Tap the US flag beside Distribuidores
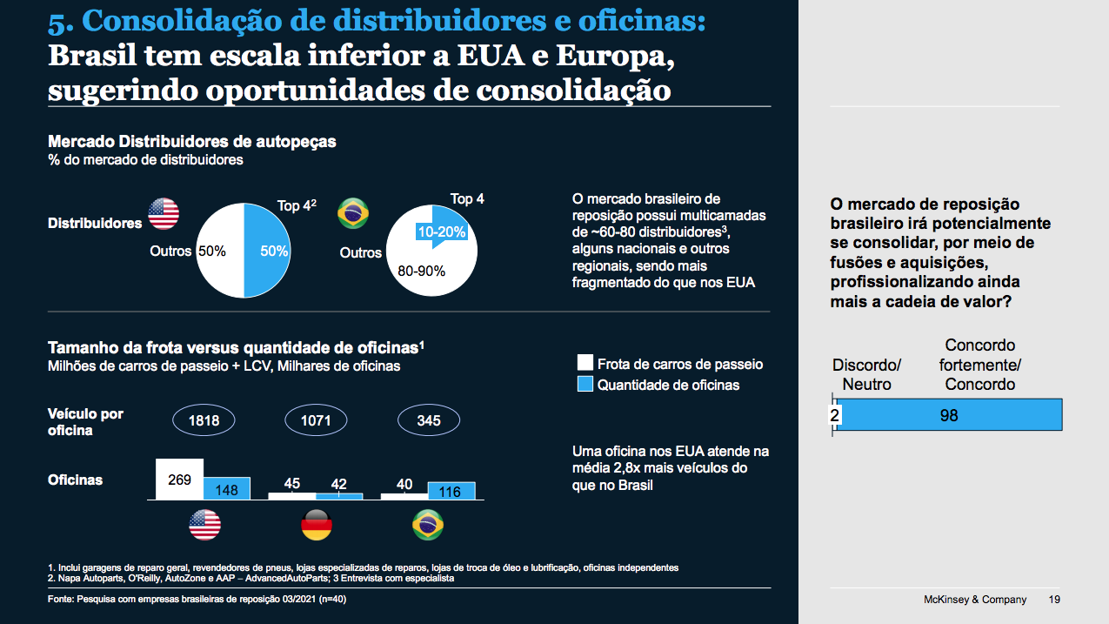[x=164, y=213]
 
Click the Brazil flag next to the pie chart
[x=353, y=213]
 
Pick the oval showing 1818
[x=204, y=421]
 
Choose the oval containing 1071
[x=316, y=421]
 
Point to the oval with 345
[x=428, y=421]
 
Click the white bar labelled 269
[x=179, y=479]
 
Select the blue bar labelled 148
[x=227, y=488]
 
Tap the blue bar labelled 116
[x=451, y=491]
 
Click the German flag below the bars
[x=317, y=526]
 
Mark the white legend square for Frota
[x=585, y=364]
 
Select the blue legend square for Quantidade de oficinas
[x=585, y=385]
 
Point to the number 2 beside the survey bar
[x=834, y=416]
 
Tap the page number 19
[x=1054, y=600]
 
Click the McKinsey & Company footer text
[x=974, y=600]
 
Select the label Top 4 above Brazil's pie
[x=467, y=199]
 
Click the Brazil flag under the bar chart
[x=428, y=526]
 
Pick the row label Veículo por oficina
[x=85, y=422]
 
